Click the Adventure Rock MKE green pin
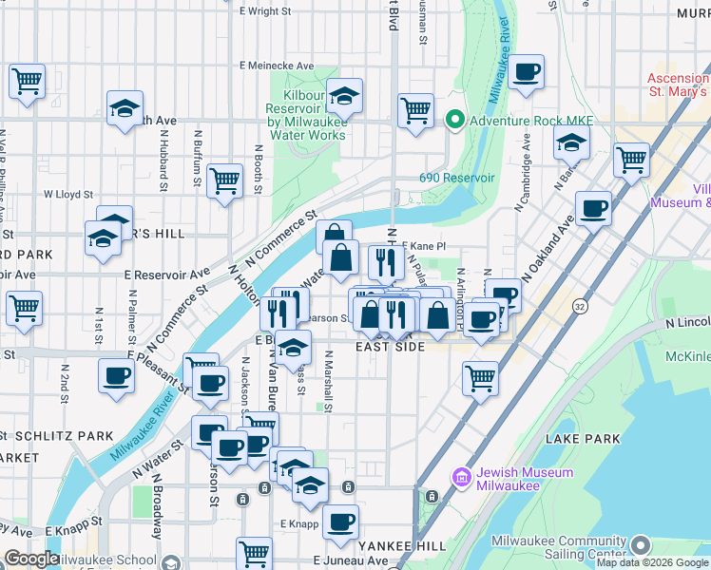(x=454, y=121)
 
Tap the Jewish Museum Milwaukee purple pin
(x=463, y=477)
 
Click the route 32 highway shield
(x=579, y=307)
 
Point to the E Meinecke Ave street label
(x=278, y=66)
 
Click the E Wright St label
(x=265, y=11)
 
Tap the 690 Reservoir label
(x=457, y=178)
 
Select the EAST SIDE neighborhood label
(x=390, y=349)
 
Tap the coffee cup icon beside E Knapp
(x=340, y=520)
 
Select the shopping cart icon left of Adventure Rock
(x=415, y=109)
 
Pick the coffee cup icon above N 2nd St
(x=116, y=376)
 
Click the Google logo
(x=31, y=559)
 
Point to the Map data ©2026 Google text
(x=650, y=562)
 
